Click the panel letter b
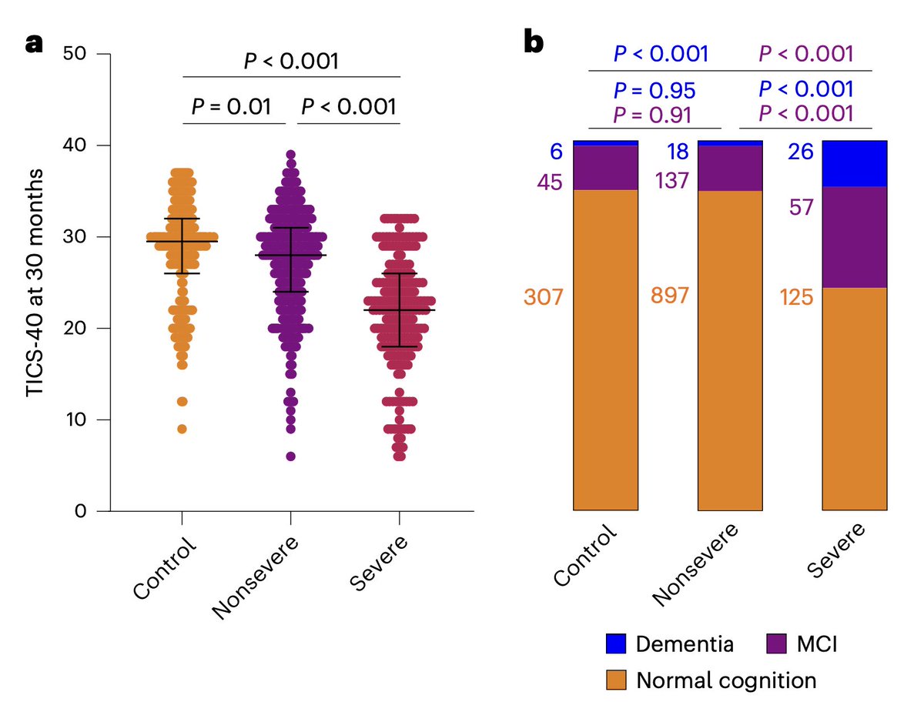tap(534, 45)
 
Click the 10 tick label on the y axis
tap(83, 420)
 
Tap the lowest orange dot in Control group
tap(182, 429)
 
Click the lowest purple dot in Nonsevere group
tap(290, 456)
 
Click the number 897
tap(671, 296)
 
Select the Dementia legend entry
tap(669, 643)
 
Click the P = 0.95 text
tap(654, 90)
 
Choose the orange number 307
tap(544, 296)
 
